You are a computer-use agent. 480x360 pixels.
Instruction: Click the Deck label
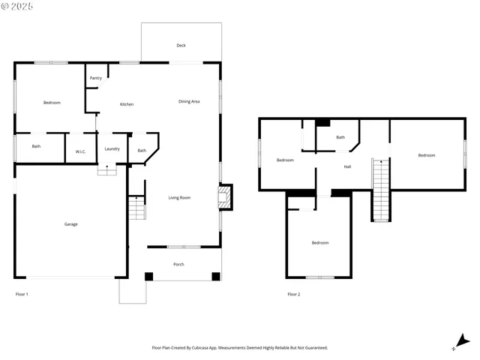(x=181, y=46)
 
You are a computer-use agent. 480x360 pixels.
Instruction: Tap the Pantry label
(x=96, y=78)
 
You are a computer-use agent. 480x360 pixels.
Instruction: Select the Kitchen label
(x=127, y=104)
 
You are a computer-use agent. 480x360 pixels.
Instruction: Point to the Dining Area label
(x=189, y=101)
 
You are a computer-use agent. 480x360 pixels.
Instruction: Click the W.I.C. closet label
(x=81, y=152)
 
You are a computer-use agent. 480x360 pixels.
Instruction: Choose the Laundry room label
(x=112, y=149)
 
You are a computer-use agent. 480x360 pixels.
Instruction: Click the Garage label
(x=70, y=224)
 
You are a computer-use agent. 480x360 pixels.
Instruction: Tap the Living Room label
(x=179, y=197)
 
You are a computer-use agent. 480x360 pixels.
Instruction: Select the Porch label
(x=178, y=264)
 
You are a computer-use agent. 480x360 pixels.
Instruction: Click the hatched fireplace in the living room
(x=224, y=198)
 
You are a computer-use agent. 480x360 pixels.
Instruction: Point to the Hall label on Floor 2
(x=347, y=166)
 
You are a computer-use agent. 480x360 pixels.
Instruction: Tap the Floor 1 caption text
(x=22, y=294)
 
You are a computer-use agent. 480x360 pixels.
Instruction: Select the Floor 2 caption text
(x=293, y=294)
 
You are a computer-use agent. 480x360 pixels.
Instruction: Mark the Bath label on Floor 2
(x=340, y=137)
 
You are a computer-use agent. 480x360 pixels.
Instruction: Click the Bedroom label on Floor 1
(x=52, y=103)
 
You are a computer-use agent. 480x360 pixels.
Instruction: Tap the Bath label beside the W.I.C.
(x=36, y=146)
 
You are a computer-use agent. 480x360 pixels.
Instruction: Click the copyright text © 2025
(x=18, y=6)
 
